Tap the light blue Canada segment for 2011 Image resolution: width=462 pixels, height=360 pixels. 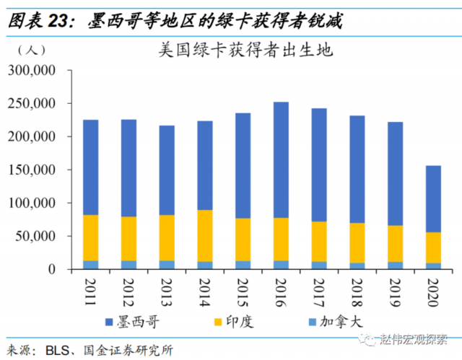pyautogui.click(x=90, y=265)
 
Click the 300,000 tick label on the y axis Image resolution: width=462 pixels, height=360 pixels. pyautogui.click(x=32, y=70)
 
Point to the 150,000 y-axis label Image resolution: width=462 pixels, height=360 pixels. pyautogui.click(x=32, y=170)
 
